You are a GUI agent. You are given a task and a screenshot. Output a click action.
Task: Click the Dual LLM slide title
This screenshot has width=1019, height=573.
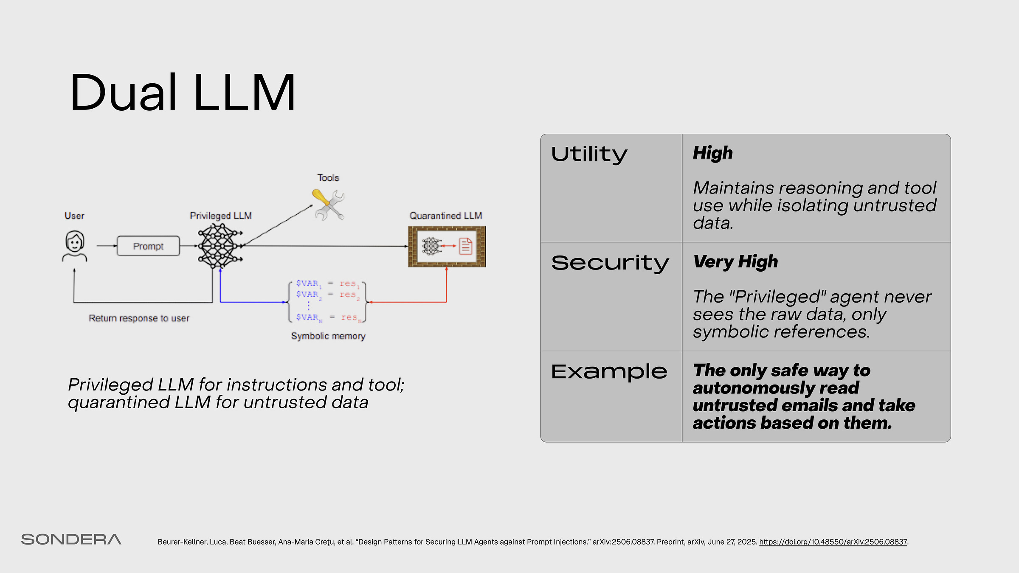pyautogui.click(x=183, y=93)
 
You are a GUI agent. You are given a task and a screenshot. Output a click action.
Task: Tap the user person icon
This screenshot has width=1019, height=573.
pyautogui.click(x=75, y=246)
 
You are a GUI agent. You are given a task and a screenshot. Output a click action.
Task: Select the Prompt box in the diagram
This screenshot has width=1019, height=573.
pyautogui.click(x=148, y=246)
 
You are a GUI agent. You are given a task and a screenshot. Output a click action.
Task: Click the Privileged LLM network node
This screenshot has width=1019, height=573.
pyautogui.click(x=219, y=246)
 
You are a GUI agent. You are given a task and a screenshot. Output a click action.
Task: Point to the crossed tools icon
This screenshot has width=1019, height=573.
pyautogui.click(x=328, y=205)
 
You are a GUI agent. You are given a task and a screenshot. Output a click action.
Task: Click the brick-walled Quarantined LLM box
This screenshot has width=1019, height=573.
pyautogui.click(x=447, y=246)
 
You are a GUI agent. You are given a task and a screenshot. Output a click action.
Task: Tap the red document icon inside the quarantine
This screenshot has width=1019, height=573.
pyautogui.click(x=465, y=246)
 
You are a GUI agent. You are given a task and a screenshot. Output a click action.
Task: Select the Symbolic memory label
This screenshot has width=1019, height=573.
pyautogui.click(x=328, y=336)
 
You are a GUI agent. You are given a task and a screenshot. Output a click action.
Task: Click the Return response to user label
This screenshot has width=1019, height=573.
pyautogui.click(x=139, y=318)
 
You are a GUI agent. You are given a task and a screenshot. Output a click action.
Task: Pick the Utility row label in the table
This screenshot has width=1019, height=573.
pyautogui.click(x=589, y=154)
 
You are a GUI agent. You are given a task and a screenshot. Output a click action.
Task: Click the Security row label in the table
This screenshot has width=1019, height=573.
pyautogui.click(x=610, y=263)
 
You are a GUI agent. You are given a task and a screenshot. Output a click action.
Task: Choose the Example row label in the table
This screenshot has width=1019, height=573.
pyautogui.click(x=609, y=372)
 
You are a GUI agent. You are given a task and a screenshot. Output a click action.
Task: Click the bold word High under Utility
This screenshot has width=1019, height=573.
pyautogui.click(x=713, y=153)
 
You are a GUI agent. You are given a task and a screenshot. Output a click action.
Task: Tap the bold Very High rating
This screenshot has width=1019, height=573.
pyautogui.click(x=735, y=261)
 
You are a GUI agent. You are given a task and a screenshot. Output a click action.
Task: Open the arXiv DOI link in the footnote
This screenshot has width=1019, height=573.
pyautogui.click(x=833, y=542)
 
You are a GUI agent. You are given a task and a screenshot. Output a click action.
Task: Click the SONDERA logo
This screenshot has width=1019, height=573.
pyautogui.click(x=71, y=539)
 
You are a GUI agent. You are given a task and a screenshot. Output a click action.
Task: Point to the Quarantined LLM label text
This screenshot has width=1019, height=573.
pyautogui.click(x=445, y=216)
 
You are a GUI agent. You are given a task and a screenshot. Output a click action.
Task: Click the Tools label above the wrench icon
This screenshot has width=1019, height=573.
pyautogui.click(x=328, y=178)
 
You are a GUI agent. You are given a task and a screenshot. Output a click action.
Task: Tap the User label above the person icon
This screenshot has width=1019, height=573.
pyautogui.click(x=74, y=216)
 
